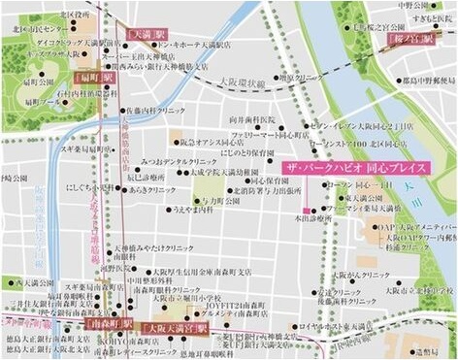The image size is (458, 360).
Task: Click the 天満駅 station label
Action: coord(147,34)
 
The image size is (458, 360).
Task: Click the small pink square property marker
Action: coord(308,211)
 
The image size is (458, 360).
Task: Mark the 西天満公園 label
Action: coord(31,283)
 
